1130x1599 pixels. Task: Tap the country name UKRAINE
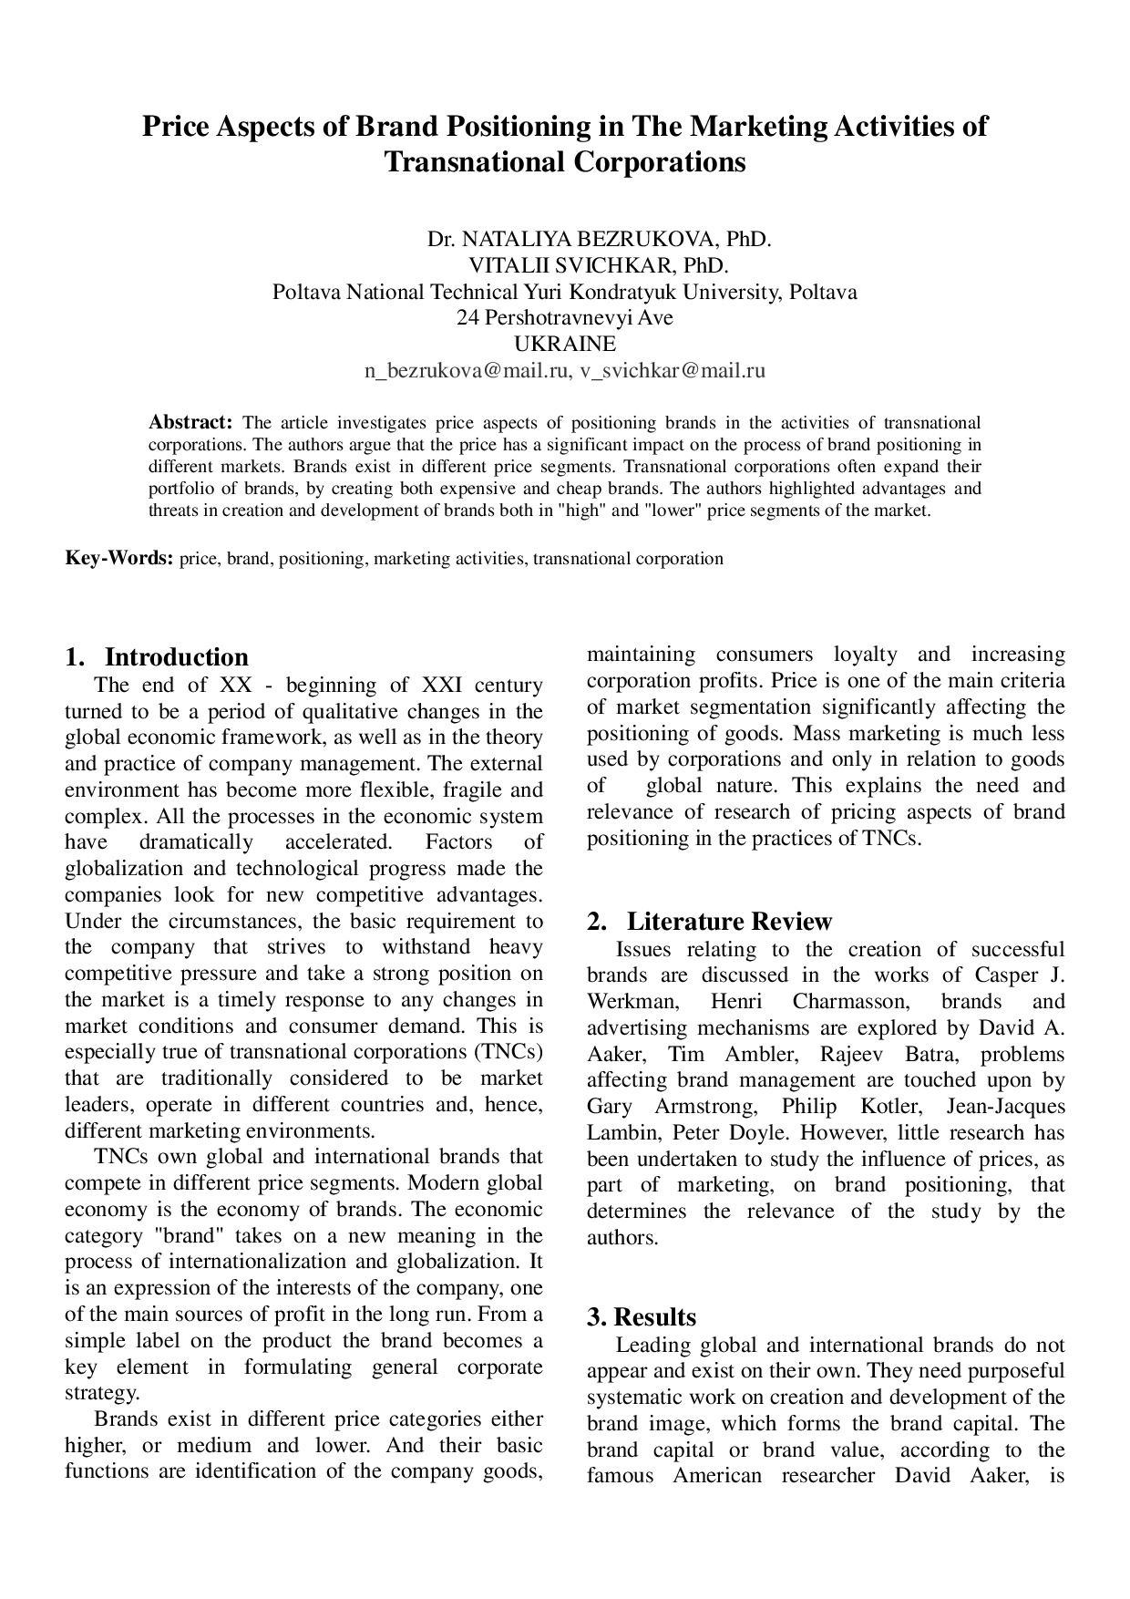565,345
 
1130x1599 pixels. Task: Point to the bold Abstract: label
191,423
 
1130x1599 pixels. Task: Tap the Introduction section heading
176,657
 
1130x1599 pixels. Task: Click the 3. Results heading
642,1317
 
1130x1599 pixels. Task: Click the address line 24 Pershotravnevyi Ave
565,318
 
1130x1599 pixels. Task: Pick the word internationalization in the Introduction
248,1263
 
